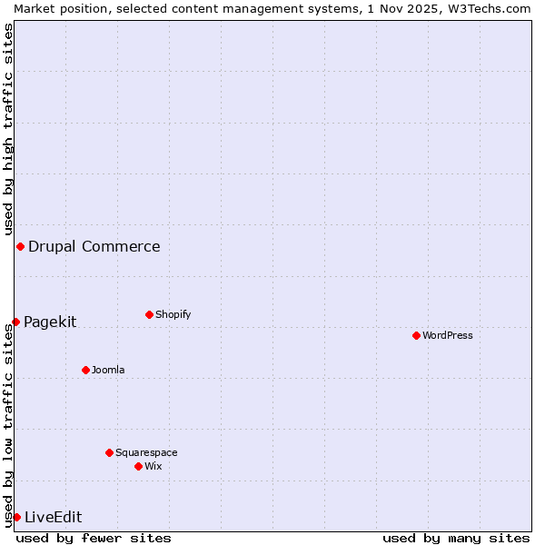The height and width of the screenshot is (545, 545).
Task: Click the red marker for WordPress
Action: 416,335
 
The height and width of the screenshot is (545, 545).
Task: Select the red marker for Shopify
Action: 149,314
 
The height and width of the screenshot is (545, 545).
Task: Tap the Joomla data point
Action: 85,370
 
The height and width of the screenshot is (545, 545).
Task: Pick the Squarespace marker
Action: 109,452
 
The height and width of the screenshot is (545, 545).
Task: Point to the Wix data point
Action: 138,466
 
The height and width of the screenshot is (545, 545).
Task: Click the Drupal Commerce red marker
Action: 20,246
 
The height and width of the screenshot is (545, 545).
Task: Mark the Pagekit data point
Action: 15,322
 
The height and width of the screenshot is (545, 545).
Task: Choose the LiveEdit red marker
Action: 16,517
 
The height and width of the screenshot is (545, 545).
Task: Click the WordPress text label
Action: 448,335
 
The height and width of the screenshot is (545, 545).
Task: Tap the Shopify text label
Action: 173,314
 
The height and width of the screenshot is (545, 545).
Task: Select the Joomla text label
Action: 108,370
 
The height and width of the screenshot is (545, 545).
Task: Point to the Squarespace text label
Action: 146,452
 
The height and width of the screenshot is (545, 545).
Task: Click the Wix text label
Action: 154,466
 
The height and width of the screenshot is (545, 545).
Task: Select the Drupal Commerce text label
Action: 94,246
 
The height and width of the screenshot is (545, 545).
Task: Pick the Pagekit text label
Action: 50,322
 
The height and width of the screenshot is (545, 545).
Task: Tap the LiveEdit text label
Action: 54,517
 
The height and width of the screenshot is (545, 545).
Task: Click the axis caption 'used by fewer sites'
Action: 94,538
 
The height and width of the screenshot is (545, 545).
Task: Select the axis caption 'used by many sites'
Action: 456,538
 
